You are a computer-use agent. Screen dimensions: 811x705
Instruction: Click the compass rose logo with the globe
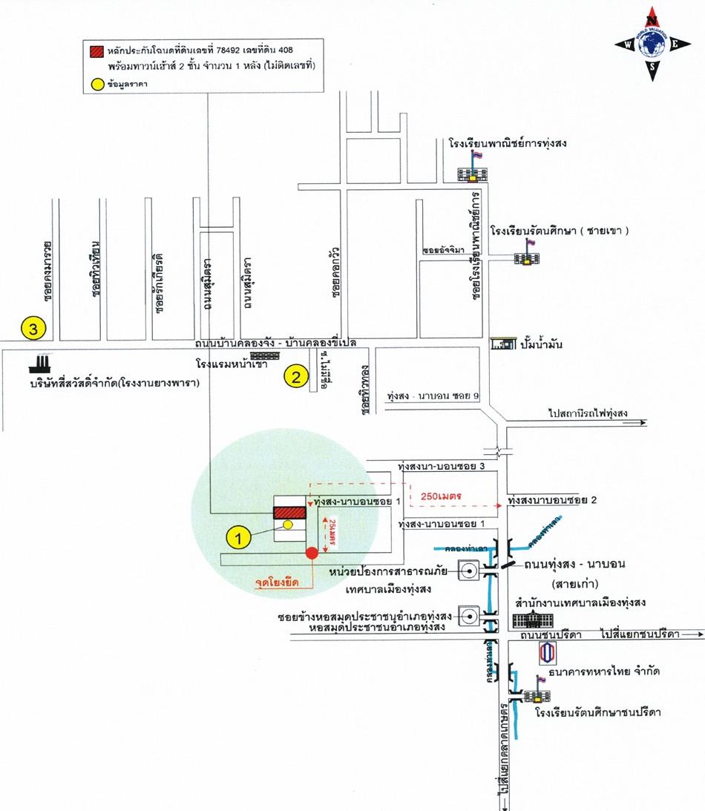[652, 47]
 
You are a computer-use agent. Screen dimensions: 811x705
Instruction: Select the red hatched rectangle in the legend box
[96, 52]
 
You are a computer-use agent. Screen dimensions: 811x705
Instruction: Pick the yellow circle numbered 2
[295, 377]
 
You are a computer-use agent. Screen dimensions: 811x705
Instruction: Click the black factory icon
[40, 363]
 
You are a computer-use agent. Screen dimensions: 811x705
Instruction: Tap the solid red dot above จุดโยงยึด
[312, 552]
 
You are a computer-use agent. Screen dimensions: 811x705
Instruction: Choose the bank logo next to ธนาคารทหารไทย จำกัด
[546, 652]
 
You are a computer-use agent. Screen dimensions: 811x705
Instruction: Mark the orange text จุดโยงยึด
[276, 583]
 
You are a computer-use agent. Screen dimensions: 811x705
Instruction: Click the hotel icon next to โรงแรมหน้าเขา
[263, 357]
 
